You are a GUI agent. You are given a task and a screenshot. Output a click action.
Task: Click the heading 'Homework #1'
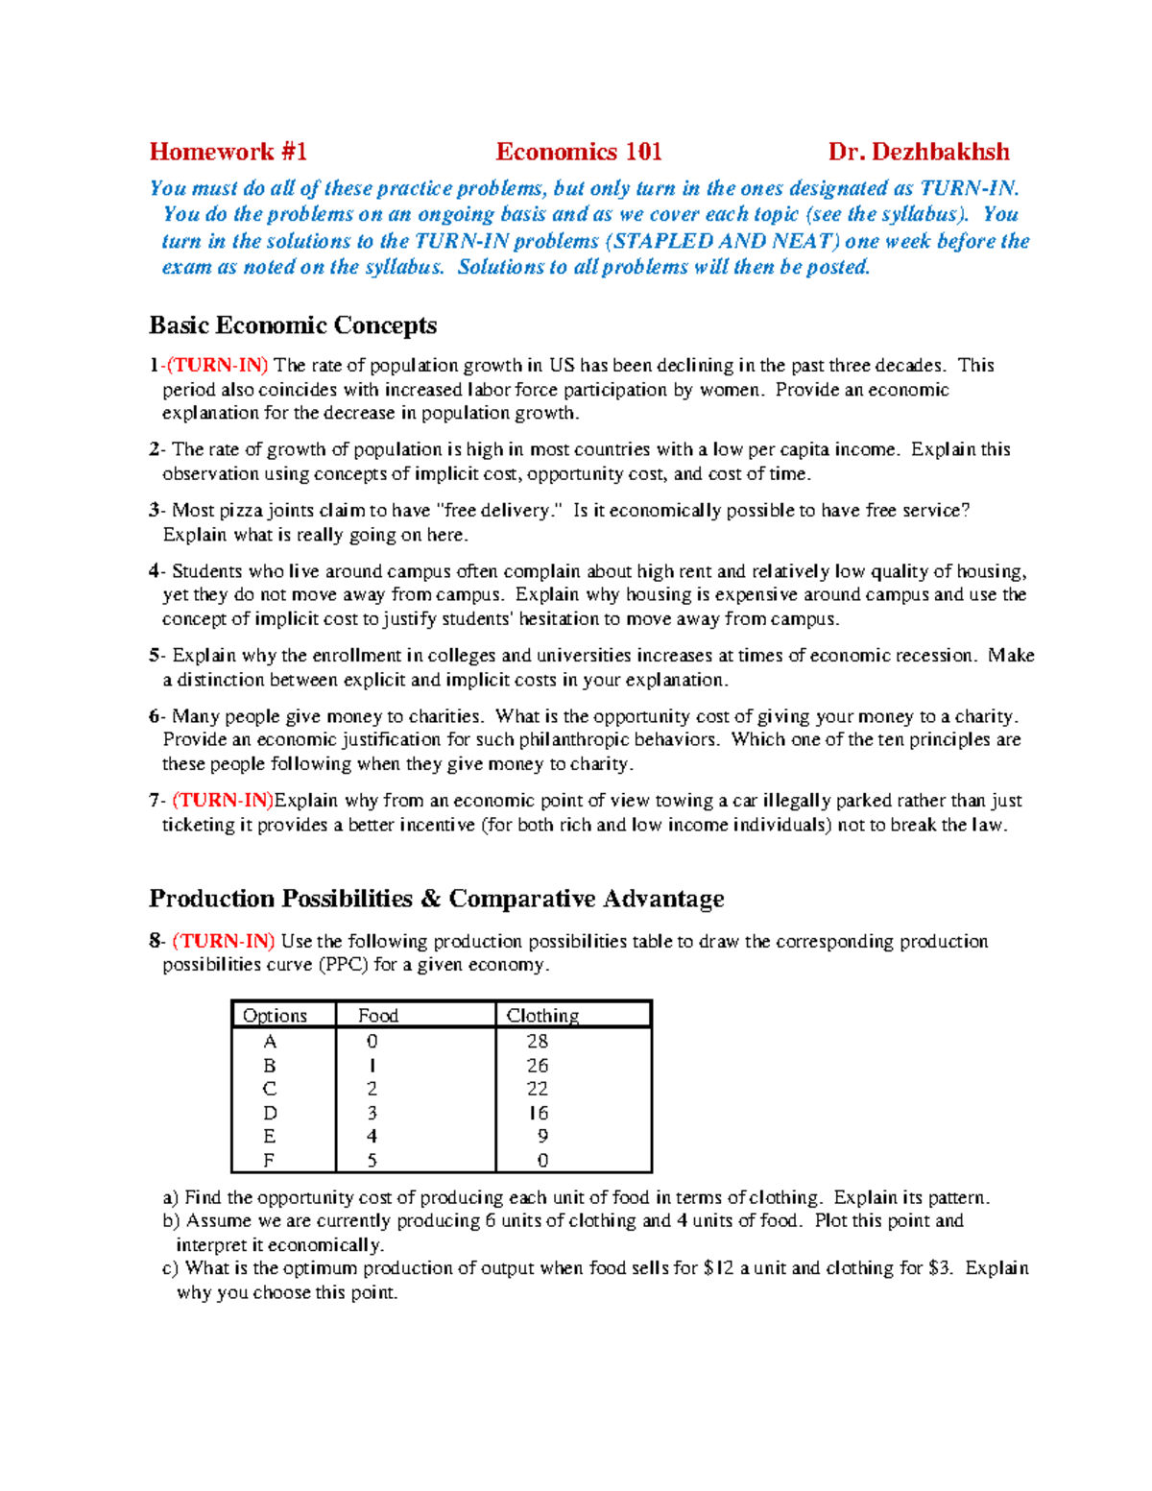point(228,152)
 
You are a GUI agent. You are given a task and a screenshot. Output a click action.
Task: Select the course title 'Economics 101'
point(578,152)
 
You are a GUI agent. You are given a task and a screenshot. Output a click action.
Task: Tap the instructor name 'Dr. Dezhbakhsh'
point(919,152)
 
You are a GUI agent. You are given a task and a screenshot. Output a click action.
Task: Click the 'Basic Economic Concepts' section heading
point(293,325)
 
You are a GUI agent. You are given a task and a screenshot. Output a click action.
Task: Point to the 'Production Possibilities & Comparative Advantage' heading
point(436,899)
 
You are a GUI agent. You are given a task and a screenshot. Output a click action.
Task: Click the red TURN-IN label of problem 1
point(218,365)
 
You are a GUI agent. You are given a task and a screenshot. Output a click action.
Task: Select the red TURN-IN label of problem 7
point(223,800)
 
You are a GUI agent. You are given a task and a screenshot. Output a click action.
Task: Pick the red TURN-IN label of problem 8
point(224,941)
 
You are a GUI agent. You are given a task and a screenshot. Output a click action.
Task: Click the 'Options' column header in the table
point(275,1015)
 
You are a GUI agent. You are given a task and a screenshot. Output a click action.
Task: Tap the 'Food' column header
point(377,1015)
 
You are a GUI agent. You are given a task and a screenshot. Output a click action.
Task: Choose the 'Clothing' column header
point(542,1015)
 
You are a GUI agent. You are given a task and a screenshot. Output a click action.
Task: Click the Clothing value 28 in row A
point(538,1041)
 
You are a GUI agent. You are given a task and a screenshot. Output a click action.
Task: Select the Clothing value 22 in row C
point(538,1089)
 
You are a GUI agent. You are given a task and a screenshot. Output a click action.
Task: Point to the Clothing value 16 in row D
point(538,1113)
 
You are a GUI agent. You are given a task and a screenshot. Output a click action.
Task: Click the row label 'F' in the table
point(269,1160)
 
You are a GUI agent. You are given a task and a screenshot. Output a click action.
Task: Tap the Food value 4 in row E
point(372,1136)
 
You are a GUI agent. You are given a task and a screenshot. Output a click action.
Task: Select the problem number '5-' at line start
point(157,655)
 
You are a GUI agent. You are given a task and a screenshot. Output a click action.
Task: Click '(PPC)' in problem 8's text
point(343,965)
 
